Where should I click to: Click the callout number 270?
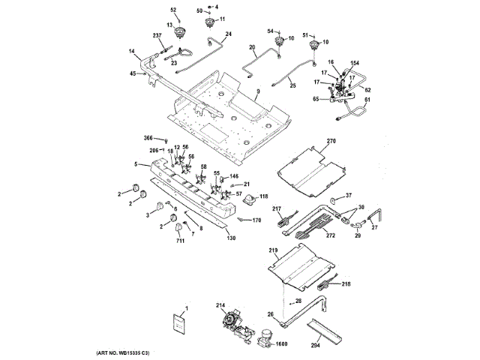(332, 140)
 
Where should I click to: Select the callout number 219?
(273, 250)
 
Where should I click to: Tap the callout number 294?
(316, 346)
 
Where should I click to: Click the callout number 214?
(220, 305)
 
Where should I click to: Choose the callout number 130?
(231, 238)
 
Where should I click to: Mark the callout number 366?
(148, 139)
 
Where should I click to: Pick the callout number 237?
(157, 36)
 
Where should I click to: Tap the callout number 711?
(180, 241)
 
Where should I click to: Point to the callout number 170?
(256, 220)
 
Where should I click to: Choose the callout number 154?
(355, 64)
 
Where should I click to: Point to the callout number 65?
(316, 99)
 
